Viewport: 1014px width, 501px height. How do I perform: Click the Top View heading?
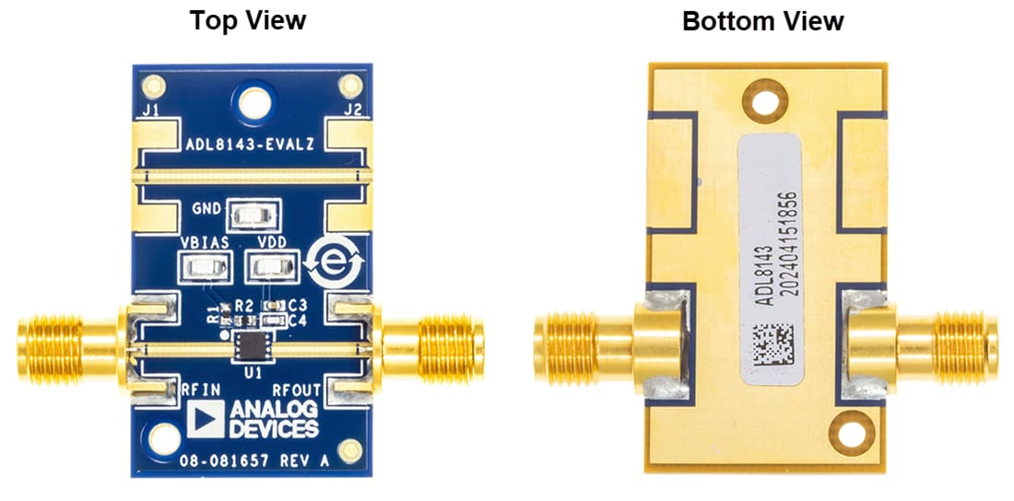(x=247, y=20)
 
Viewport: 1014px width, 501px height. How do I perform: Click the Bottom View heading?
(x=762, y=20)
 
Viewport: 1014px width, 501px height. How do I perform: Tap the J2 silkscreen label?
(x=351, y=111)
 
